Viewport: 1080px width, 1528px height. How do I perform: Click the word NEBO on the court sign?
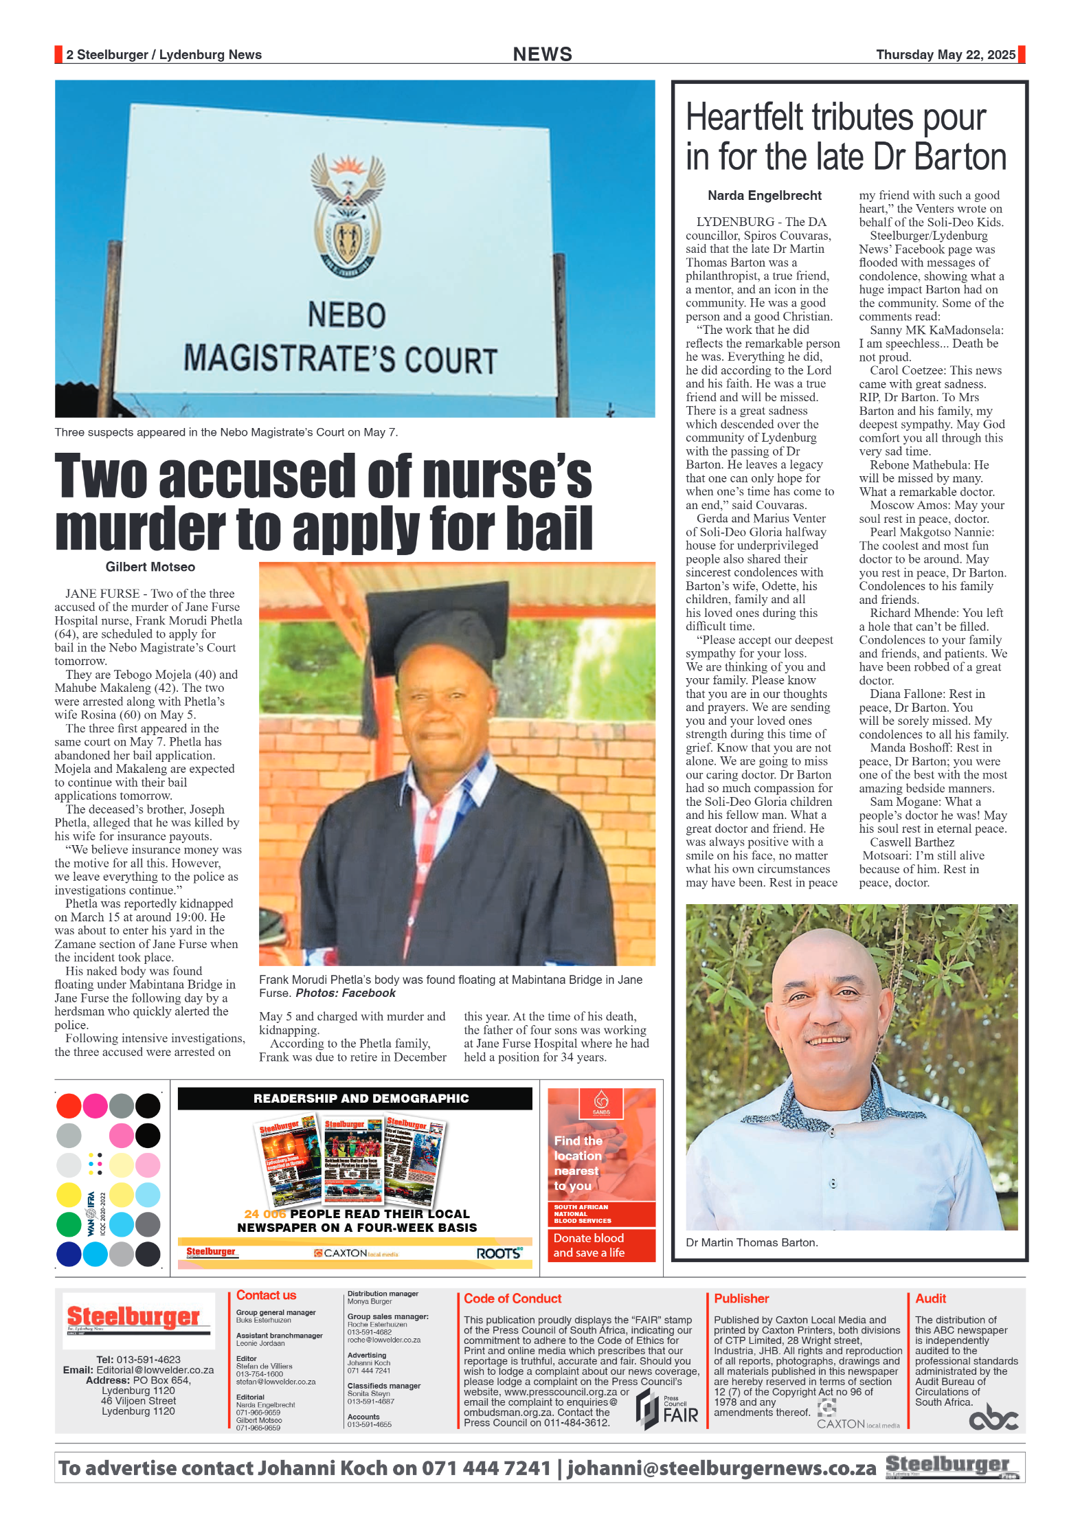point(346,315)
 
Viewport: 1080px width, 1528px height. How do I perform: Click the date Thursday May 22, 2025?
point(945,55)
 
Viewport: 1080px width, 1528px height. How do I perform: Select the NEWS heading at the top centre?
point(542,54)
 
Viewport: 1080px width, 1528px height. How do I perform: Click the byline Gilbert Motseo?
point(150,567)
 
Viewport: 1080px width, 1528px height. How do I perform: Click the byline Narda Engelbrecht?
point(764,196)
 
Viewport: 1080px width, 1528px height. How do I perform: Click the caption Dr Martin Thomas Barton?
point(752,1242)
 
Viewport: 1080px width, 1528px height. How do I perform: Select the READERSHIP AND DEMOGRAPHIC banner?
point(361,1098)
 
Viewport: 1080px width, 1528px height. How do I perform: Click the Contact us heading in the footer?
point(266,1295)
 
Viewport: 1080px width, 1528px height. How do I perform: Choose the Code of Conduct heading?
point(513,1299)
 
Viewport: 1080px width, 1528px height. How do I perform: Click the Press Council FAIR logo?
point(667,1409)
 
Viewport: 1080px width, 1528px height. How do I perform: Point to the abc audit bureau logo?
point(993,1417)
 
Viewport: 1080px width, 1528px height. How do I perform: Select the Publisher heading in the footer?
point(741,1299)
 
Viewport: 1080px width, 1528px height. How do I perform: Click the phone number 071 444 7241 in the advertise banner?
point(486,1468)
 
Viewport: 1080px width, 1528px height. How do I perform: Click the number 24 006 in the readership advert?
point(265,1214)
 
